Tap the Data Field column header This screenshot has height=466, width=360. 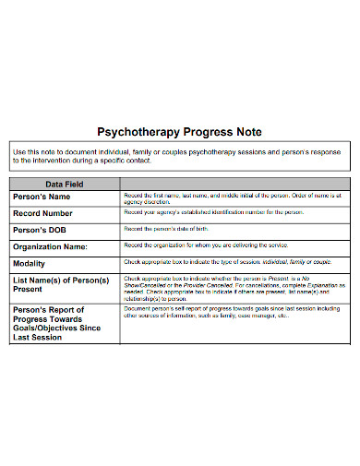click(x=66, y=184)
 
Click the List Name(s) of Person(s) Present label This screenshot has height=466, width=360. click(x=61, y=284)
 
